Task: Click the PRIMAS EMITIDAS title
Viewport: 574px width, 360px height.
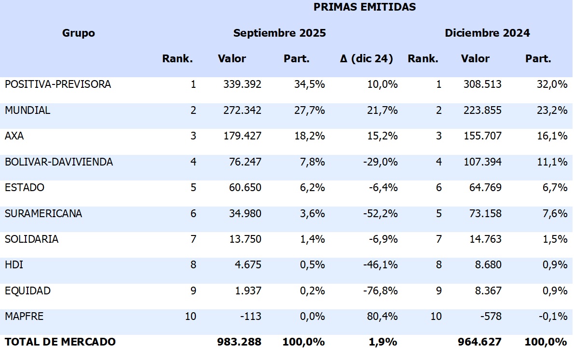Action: pos(364,7)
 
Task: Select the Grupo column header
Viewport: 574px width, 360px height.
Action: pos(79,33)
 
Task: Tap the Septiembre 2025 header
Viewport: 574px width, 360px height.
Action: pos(279,33)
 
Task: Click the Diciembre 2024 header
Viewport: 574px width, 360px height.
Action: pos(487,33)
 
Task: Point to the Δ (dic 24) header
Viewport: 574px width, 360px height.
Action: pos(366,59)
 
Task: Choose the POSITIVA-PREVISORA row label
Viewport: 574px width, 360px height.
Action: pos(58,84)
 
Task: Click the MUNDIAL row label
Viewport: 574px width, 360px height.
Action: pos(27,111)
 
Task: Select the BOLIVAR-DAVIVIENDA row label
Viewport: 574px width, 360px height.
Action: pos(59,162)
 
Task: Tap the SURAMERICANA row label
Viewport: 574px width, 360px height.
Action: pos(43,214)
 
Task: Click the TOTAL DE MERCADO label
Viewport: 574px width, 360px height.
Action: pos(60,342)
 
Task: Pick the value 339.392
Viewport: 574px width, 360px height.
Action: pos(242,84)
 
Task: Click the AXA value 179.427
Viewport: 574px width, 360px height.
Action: pos(242,136)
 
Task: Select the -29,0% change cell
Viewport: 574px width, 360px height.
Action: pos(381,162)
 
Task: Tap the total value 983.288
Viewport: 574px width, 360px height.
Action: pos(240,342)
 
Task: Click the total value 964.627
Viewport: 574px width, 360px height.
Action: pos(479,342)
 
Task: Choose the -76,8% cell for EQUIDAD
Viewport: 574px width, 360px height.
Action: pos(381,291)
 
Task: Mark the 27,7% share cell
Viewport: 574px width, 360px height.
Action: pos(309,111)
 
